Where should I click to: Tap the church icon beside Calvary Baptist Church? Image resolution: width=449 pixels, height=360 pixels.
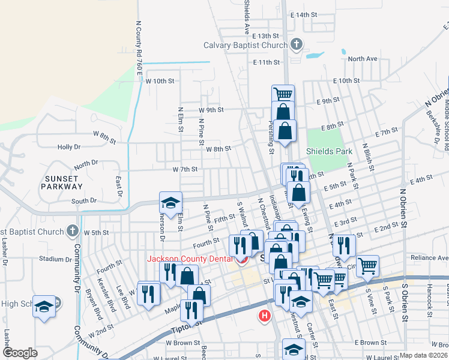pos(295,44)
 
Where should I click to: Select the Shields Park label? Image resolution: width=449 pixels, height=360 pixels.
pos(330,151)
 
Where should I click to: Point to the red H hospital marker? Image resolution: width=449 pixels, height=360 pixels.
pos(264,316)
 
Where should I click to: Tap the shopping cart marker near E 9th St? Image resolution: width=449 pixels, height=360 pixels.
pos(283,94)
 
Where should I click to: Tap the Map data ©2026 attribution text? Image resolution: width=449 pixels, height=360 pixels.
pos(423,355)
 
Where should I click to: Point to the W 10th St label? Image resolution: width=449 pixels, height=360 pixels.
pos(160,80)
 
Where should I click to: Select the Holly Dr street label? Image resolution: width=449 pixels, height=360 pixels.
pos(68,147)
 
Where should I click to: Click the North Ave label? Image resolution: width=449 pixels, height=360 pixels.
pos(362,59)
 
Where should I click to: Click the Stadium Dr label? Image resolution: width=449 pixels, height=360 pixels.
pos(55,259)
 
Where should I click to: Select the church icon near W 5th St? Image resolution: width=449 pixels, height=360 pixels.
pos(72,230)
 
